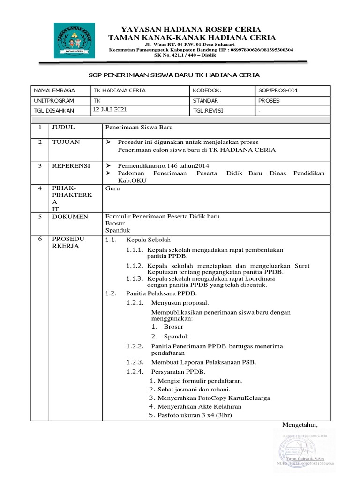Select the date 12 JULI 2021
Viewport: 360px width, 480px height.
pos(110,109)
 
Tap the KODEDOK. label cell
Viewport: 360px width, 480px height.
pos(207,90)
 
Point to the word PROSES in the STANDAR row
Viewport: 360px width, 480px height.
pos(269,101)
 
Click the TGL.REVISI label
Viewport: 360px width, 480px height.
pos(208,111)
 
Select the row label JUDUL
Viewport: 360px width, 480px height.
pos(63,127)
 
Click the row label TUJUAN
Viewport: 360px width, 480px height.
pos(66,142)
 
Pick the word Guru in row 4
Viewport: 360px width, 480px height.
pos(112,188)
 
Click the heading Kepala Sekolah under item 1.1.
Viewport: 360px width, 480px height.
pos(149,240)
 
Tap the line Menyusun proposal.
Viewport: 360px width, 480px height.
pos(180,303)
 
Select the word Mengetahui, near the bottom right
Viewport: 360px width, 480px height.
pos(300,425)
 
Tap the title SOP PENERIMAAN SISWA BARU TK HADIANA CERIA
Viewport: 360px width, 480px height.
pos(174,75)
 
